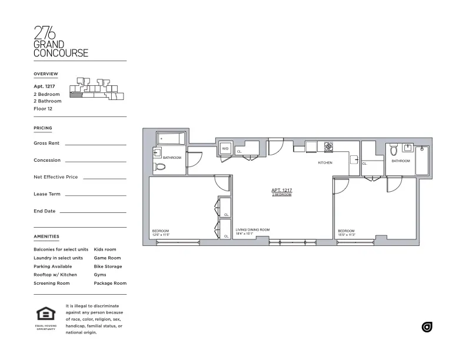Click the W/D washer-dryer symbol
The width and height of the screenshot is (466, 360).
pyautogui.click(x=225, y=149)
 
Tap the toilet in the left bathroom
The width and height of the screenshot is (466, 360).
pyautogui.click(x=159, y=167)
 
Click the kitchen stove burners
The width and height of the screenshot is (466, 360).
pyautogui.click(x=329, y=146)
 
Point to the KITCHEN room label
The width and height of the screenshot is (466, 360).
pyautogui.click(x=325, y=162)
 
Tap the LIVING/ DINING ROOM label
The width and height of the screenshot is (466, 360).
pyautogui.click(x=252, y=229)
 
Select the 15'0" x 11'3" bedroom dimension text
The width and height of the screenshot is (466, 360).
pyautogui.click(x=347, y=235)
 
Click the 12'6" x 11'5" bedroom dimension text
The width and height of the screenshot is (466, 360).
pyautogui.click(x=161, y=235)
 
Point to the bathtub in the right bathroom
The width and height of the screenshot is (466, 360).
pyautogui.click(x=422, y=160)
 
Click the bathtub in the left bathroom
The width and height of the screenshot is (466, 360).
pyautogui.click(x=171, y=139)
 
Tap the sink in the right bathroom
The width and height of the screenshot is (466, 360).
pyautogui.click(x=407, y=148)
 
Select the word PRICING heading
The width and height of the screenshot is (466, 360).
pyautogui.click(x=43, y=128)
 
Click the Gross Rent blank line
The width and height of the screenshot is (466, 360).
pyautogui.click(x=95, y=144)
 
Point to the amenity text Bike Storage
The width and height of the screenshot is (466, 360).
pyautogui.click(x=108, y=266)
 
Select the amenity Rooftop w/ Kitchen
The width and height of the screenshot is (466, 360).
pyautogui.click(x=55, y=275)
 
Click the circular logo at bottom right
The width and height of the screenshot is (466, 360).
pyautogui.click(x=427, y=327)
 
